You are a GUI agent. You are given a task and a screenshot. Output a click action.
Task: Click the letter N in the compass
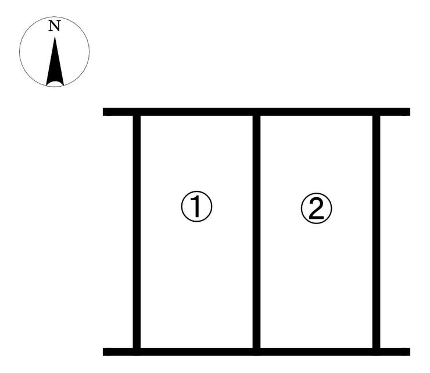click(55, 26)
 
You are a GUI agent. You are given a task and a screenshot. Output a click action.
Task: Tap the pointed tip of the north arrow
click(55, 37)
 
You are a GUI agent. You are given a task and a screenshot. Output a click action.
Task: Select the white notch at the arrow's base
click(55, 84)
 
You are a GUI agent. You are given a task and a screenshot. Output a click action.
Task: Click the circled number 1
click(196, 206)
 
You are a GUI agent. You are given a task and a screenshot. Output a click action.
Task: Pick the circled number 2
click(317, 208)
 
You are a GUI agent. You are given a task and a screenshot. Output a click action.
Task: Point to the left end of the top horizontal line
click(103, 112)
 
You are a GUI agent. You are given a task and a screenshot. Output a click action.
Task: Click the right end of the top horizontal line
click(410, 112)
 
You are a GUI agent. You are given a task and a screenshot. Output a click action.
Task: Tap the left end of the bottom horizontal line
click(103, 352)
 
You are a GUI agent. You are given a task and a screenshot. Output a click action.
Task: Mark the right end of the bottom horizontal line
click(410, 352)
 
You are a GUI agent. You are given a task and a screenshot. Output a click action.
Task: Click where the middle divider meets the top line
click(256, 112)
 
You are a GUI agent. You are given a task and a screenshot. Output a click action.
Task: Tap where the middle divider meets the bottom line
click(256, 352)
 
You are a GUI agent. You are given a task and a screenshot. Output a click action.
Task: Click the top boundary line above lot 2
click(317, 112)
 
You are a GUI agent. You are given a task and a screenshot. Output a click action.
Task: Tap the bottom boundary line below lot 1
click(196, 352)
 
